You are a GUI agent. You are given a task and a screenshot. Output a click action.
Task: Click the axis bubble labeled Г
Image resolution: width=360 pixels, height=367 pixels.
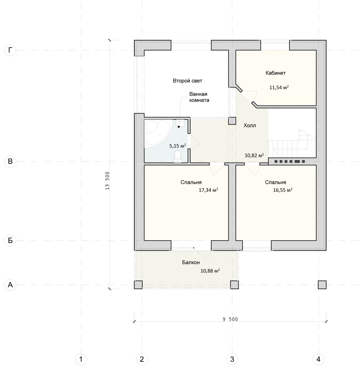point(10,50)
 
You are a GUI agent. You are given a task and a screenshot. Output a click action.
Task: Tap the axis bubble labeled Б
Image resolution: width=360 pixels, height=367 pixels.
point(10,240)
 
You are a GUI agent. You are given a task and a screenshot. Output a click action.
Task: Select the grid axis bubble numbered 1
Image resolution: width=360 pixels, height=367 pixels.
point(81,359)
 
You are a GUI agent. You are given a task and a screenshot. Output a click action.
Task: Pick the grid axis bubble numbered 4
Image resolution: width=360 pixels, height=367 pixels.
point(318,359)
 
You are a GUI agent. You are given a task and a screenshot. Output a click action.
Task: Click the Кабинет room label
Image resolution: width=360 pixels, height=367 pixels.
point(275,73)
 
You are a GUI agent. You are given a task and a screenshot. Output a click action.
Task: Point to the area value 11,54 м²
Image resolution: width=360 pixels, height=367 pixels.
point(279,87)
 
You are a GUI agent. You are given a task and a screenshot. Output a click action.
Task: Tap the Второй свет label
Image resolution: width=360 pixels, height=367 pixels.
point(187,81)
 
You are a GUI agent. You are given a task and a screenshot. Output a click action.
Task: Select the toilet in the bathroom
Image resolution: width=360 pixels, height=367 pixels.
point(177,157)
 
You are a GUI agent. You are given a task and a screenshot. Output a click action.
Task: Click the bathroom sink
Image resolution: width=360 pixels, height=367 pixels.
point(180,124)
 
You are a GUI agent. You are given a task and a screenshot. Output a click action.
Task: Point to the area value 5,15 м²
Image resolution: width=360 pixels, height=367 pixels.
point(177,146)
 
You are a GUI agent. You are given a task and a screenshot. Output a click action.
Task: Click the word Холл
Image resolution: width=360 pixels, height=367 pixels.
point(250,125)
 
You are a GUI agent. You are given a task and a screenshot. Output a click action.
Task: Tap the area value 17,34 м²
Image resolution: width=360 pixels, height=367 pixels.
point(208,190)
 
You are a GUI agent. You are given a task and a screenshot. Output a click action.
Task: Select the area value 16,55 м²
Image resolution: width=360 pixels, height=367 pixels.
point(283,190)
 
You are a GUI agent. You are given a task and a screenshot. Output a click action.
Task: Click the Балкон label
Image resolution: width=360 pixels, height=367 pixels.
point(191,262)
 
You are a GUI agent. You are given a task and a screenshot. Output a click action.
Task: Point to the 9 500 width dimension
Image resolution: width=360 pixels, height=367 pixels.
point(230,319)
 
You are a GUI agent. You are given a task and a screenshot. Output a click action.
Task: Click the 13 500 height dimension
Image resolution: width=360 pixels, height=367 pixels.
point(107,181)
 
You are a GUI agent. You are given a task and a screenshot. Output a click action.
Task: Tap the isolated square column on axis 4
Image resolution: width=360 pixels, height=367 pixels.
point(322,285)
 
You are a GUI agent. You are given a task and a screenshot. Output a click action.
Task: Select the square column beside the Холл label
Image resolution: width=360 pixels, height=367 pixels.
point(232,121)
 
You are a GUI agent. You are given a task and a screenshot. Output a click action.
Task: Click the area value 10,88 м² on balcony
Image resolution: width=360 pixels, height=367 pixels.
point(210,271)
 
